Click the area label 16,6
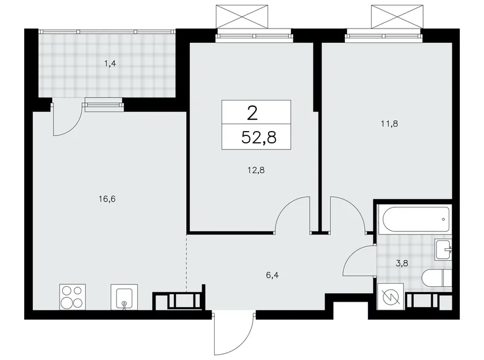click(89, 199)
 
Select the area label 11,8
click(389, 124)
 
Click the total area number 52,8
click(257, 137)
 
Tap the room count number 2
click(252, 113)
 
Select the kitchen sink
click(124, 297)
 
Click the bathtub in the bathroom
click(415, 218)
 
